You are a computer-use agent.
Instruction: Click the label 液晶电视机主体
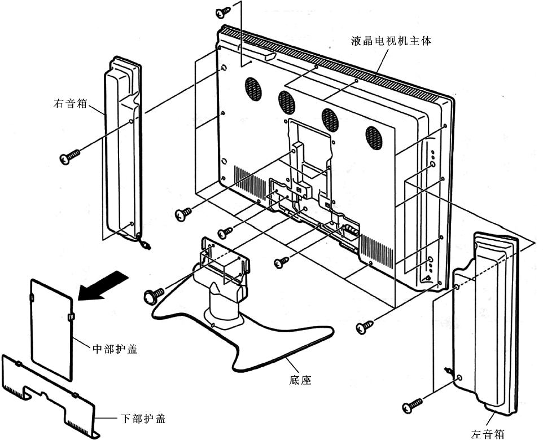391,41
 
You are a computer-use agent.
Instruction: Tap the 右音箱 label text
71,103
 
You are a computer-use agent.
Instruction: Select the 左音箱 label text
488,434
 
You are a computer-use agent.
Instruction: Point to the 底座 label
300,380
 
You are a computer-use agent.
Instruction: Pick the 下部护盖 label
143,419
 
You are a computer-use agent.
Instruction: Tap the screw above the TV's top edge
223,12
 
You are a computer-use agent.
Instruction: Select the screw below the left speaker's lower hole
413,405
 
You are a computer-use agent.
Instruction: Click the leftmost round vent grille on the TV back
254,89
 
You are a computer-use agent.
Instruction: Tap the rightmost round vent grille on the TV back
374,138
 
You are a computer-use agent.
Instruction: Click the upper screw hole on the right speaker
131,121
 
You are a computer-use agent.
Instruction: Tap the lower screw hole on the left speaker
459,377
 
